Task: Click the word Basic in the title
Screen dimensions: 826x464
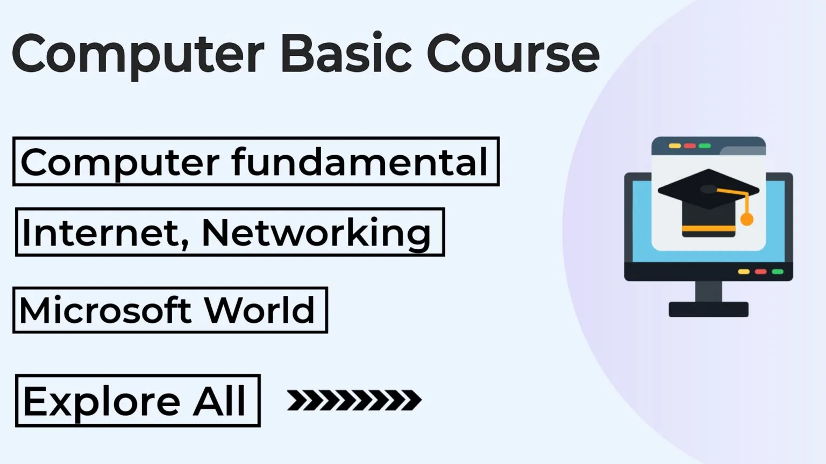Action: [x=346, y=53]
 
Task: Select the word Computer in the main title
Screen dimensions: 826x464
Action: [x=138, y=56]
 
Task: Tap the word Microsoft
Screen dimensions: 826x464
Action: [x=105, y=309]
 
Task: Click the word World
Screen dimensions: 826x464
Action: [x=260, y=309]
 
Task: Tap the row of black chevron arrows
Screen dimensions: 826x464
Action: [x=354, y=400]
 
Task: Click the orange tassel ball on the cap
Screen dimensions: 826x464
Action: [x=747, y=220]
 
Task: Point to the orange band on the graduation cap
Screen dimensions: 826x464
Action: [x=708, y=229]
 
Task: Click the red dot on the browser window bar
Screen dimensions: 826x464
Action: [x=689, y=146]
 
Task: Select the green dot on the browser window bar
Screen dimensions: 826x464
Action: [x=704, y=146]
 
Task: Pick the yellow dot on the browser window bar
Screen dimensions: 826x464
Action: [x=675, y=146]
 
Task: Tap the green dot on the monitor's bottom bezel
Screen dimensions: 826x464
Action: [x=778, y=272]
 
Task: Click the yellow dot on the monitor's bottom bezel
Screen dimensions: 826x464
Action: [x=744, y=272]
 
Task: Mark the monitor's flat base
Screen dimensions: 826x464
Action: [x=709, y=309]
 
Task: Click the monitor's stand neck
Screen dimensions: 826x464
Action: [x=709, y=291]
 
